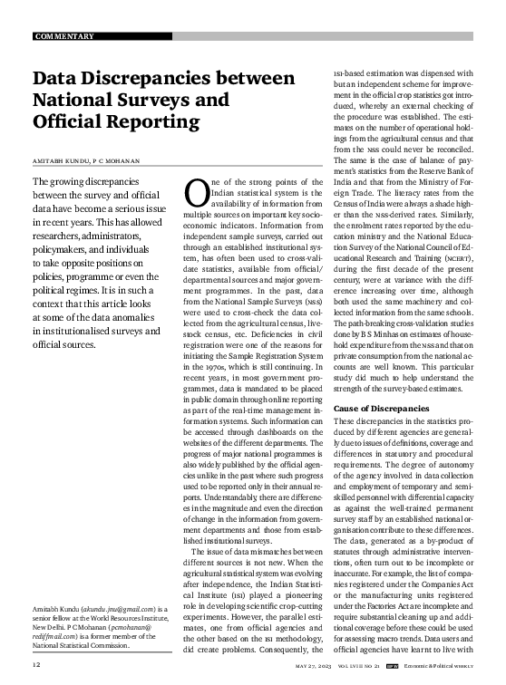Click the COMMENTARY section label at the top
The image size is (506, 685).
pyautogui.click(x=63, y=36)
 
